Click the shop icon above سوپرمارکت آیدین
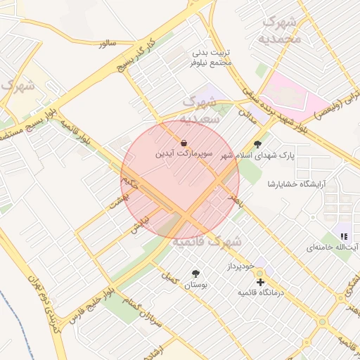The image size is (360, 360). click(184, 143)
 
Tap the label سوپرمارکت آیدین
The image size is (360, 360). click(183, 153)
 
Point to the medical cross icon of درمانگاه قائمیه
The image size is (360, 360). click(261, 282)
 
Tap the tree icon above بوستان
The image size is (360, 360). click(195, 274)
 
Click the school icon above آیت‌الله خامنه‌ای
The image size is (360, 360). click(344, 237)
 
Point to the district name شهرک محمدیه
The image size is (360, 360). click(281, 30)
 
